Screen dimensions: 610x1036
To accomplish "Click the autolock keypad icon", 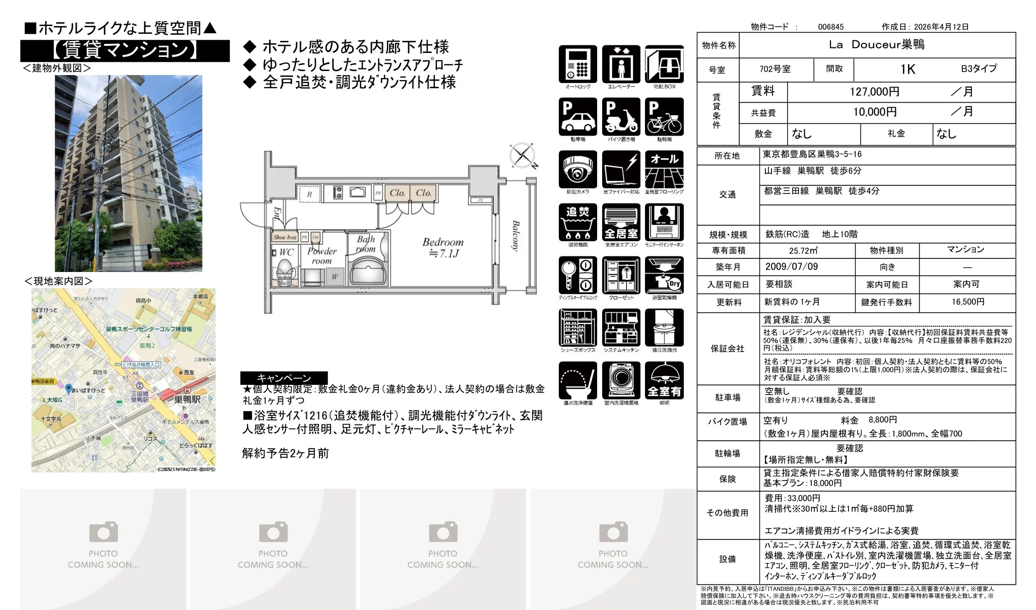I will click(577, 64).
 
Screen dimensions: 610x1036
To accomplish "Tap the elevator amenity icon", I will click(621, 64).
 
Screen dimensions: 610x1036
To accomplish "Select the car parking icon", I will click(577, 117).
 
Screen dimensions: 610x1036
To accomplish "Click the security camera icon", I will click(577, 170).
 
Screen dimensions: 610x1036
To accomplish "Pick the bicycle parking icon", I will click(664, 117).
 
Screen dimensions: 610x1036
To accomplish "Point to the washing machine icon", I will click(621, 380).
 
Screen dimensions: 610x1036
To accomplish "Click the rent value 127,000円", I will click(874, 92).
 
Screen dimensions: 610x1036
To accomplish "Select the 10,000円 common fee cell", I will click(874, 112).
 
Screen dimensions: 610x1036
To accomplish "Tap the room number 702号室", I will click(775, 69).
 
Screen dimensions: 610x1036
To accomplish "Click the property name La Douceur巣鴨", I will click(876, 45).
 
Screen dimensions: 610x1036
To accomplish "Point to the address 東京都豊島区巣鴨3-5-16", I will click(812, 155).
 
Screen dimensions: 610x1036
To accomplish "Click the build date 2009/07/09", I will click(791, 267).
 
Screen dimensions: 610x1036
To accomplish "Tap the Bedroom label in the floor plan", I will click(442, 242).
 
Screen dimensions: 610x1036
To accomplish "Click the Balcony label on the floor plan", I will click(515, 236).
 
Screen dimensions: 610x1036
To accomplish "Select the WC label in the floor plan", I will click(286, 252).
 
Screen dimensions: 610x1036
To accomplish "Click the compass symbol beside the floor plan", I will click(522, 155).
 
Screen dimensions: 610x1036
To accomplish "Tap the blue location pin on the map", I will click(69, 389).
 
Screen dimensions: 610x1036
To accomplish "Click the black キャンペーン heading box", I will click(284, 378).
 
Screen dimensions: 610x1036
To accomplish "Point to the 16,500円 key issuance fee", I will click(967, 302).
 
